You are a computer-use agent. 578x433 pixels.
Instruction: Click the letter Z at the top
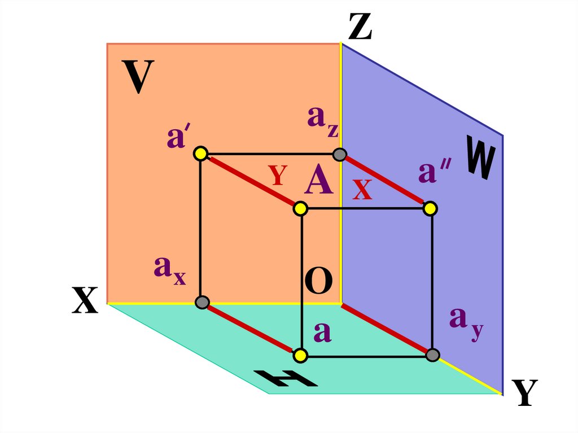pyautogui.click(x=360, y=27)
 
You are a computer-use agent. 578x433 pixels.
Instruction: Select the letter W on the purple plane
pyautogui.click(x=480, y=159)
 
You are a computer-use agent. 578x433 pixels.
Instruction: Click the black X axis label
pyautogui.click(x=85, y=300)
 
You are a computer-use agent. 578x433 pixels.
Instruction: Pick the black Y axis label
pyautogui.click(x=524, y=393)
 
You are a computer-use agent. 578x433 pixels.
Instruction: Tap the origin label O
pyautogui.click(x=318, y=282)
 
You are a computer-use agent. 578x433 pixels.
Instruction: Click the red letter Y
pyautogui.click(x=278, y=176)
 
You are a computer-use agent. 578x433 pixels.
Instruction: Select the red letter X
pyautogui.click(x=362, y=190)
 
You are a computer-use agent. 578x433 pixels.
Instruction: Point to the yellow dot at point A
pyautogui.click(x=300, y=209)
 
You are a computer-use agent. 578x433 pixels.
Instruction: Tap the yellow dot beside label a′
pyautogui.click(x=200, y=153)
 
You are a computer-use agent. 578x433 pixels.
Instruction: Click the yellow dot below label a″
pyautogui.click(x=431, y=209)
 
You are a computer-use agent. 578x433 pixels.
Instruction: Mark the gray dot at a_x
pyautogui.click(x=202, y=302)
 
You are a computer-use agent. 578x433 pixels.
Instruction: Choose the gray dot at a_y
pyautogui.click(x=432, y=355)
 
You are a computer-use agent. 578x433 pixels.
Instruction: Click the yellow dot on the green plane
pyautogui.click(x=300, y=355)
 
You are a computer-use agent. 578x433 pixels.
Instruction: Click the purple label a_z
pyautogui.click(x=323, y=121)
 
